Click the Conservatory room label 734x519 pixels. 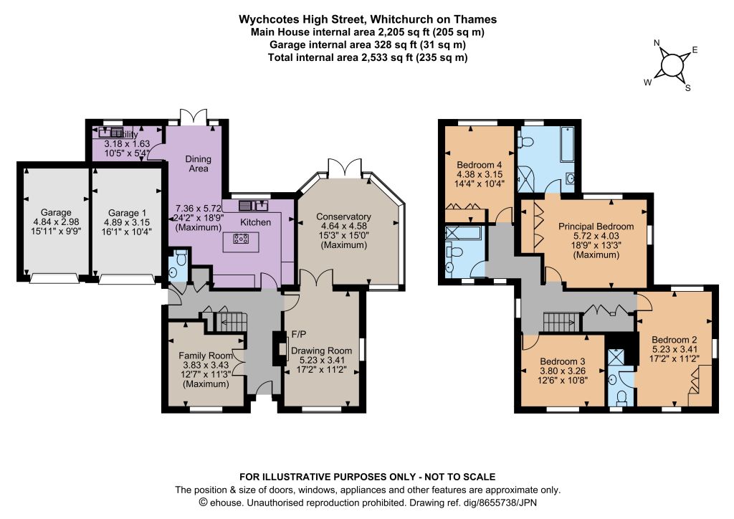click(x=343, y=216)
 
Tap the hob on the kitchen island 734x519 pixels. click(x=241, y=239)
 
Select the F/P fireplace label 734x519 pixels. click(x=299, y=334)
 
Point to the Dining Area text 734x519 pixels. click(x=198, y=163)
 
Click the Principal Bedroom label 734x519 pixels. click(x=596, y=227)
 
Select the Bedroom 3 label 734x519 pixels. click(x=562, y=361)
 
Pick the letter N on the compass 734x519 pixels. click(x=657, y=44)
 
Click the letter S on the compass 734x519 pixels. click(x=687, y=87)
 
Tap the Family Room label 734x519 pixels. click(x=206, y=356)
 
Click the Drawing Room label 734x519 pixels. click(x=322, y=351)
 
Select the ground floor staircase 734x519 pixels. click(x=230, y=322)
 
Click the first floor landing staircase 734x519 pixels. click(x=559, y=323)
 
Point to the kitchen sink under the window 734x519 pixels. click(x=253, y=205)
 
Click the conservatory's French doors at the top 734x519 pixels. click(x=345, y=168)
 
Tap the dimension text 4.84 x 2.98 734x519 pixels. click(x=56, y=222)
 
